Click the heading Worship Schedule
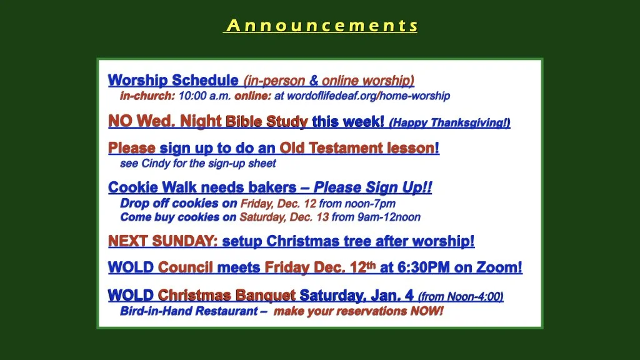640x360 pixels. (x=173, y=81)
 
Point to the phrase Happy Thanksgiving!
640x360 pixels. (x=450, y=123)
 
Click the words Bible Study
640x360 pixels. (x=266, y=122)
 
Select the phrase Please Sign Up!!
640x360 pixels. (x=372, y=188)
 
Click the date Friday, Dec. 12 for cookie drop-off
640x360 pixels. (x=278, y=204)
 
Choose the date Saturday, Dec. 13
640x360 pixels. (x=284, y=217)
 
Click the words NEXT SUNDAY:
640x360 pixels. (x=163, y=241)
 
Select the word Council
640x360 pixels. (x=186, y=268)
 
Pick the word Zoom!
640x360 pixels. (x=499, y=268)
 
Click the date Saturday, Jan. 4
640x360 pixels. (x=356, y=296)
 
